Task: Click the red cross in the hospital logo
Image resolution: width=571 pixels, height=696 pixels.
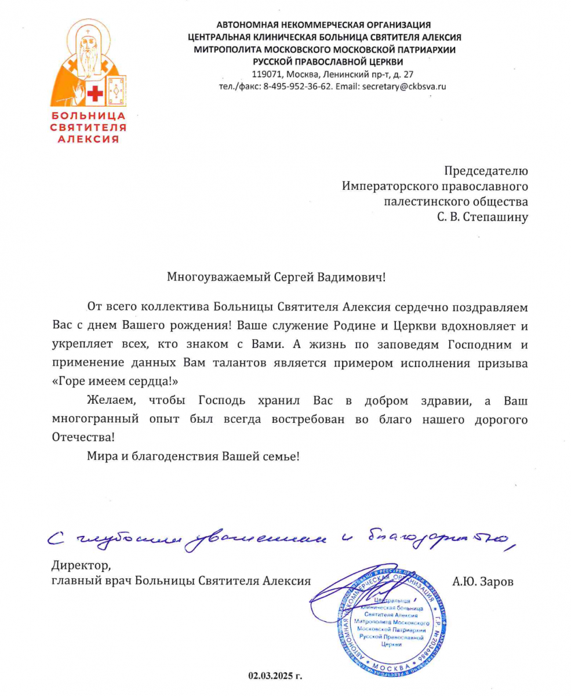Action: tap(94, 93)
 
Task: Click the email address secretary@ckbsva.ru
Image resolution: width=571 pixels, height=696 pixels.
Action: tap(403, 86)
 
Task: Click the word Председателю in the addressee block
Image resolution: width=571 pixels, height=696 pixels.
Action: tap(486, 171)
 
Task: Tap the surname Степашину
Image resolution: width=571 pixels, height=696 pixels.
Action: tap(497, 218)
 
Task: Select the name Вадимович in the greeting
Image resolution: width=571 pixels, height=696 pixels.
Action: tap(354, 277)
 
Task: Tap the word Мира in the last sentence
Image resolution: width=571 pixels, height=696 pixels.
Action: tap(100, 456)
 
